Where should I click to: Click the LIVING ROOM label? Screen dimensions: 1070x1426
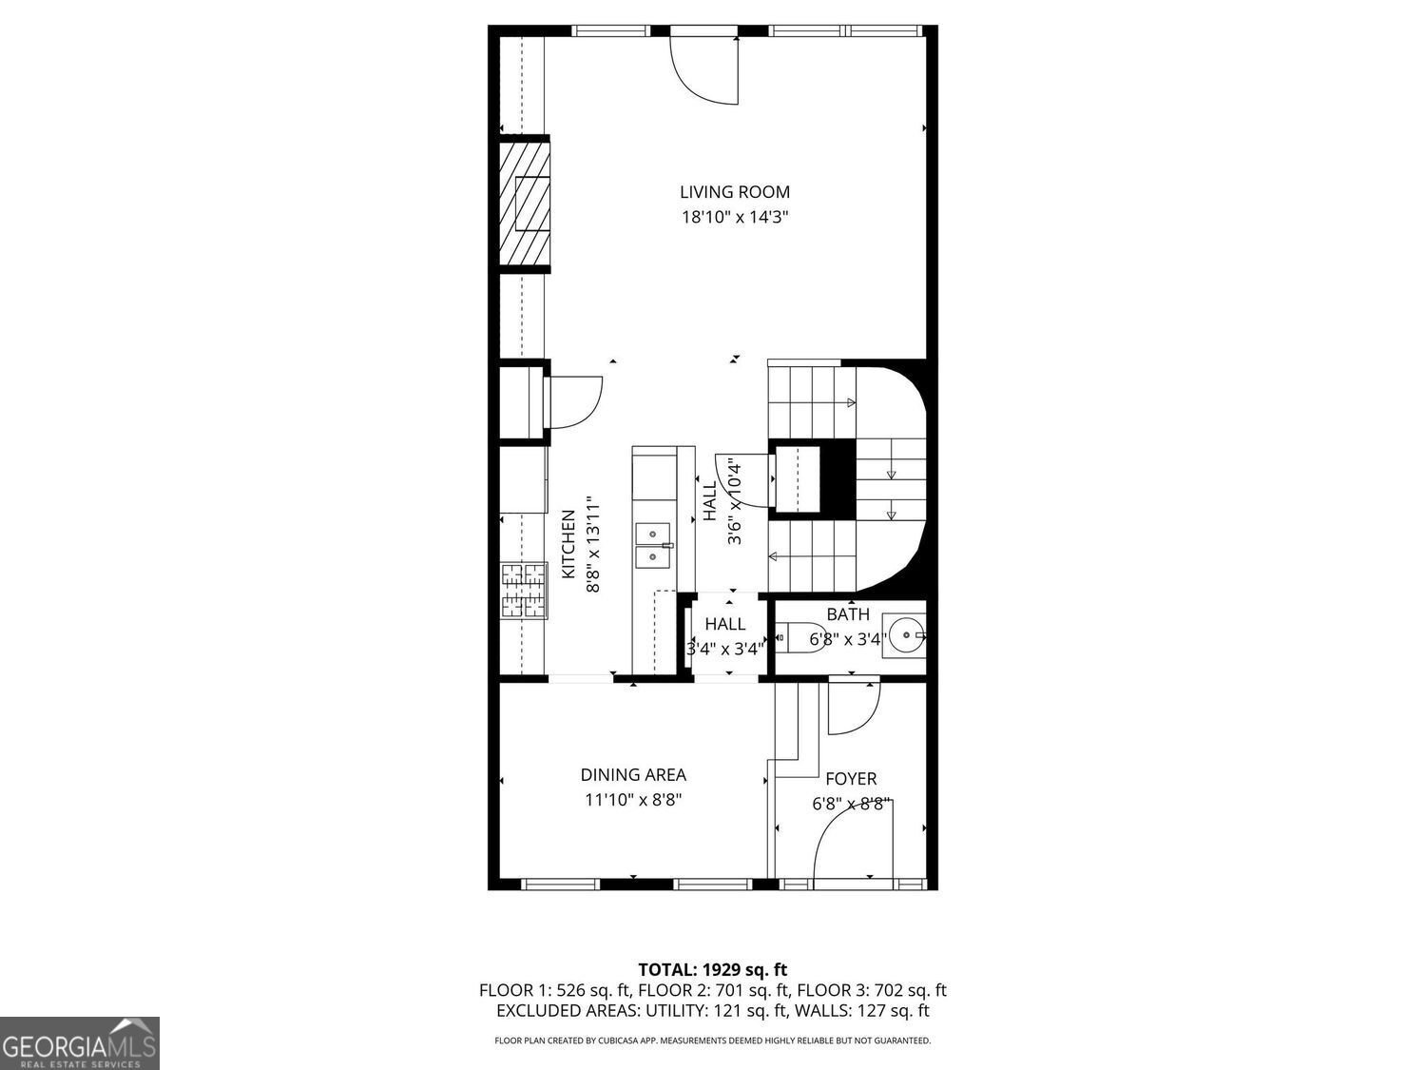point(734,192)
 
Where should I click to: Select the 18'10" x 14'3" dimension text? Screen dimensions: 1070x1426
point(735,217)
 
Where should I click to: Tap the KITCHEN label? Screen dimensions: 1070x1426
point(568,544)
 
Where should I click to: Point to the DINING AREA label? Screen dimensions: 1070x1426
point(633,775)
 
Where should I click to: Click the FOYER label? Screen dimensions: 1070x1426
point(850,779)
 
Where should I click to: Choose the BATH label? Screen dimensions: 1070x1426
point(847,614)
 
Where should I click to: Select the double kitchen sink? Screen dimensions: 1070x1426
point(652,545)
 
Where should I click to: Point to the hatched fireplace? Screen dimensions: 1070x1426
point(526,204)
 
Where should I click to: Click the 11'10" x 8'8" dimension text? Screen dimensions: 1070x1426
point(633,800)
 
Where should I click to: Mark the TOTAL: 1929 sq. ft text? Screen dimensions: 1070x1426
point(712,970)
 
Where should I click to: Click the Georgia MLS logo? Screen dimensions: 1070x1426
point(79,1043)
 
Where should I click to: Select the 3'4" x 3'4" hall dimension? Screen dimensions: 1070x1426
point(725,650)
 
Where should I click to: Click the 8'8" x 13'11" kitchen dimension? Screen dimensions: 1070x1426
point(593,544)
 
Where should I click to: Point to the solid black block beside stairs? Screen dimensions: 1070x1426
point(838,477)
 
